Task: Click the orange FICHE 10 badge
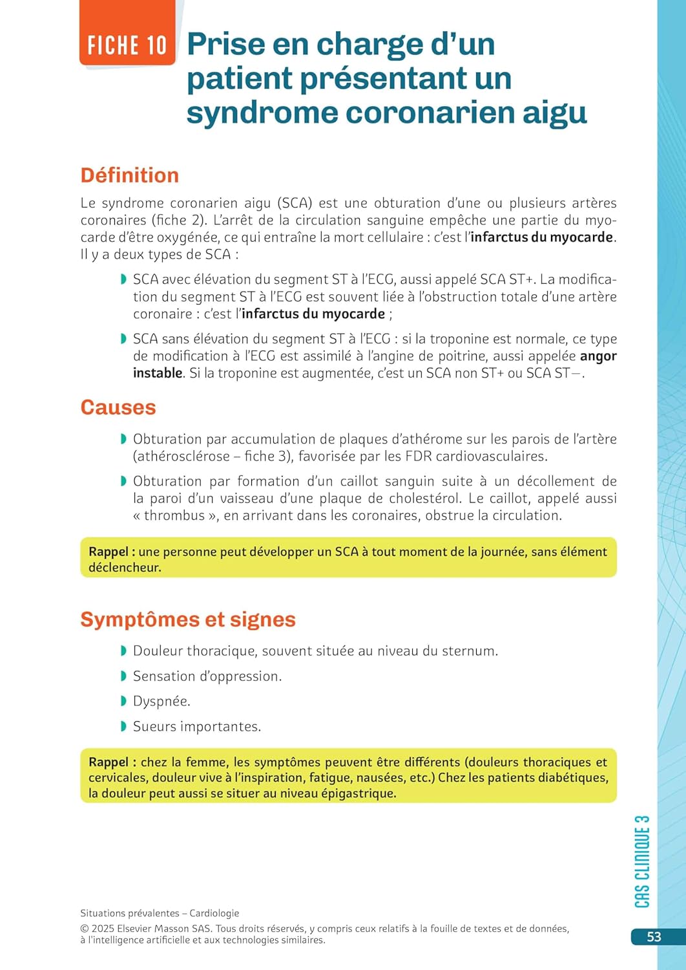point(127,45)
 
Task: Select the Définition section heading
point(129,175)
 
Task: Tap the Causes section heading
point(118,407)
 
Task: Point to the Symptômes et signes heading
point(187,620)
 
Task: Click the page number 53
point(654,937)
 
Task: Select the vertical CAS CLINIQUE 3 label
point(642,861)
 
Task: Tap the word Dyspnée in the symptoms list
point(161,702)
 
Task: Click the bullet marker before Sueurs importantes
point(123,727)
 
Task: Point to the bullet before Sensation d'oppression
point(123,676)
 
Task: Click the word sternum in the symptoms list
point(470,651)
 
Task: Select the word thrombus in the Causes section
point(174,515)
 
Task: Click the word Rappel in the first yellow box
point(109,552)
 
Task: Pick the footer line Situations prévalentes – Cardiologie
point(160,913)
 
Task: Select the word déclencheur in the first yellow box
point(125,568)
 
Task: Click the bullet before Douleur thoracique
point(123,651)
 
